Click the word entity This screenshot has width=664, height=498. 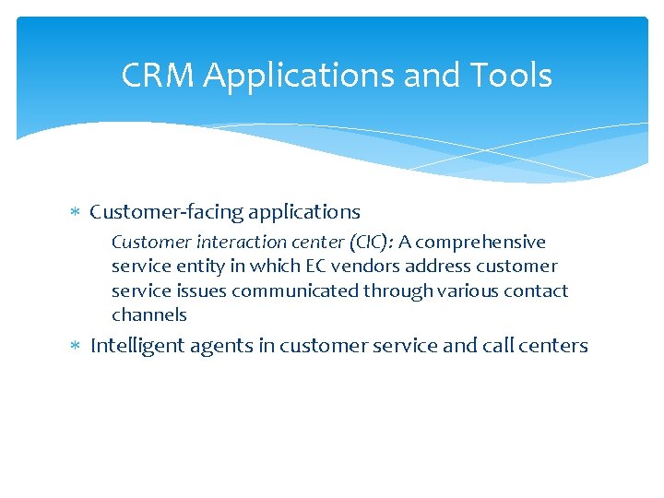point(199,267)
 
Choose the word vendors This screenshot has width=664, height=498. point(362,267)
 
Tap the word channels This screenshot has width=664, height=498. point(148,314)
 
